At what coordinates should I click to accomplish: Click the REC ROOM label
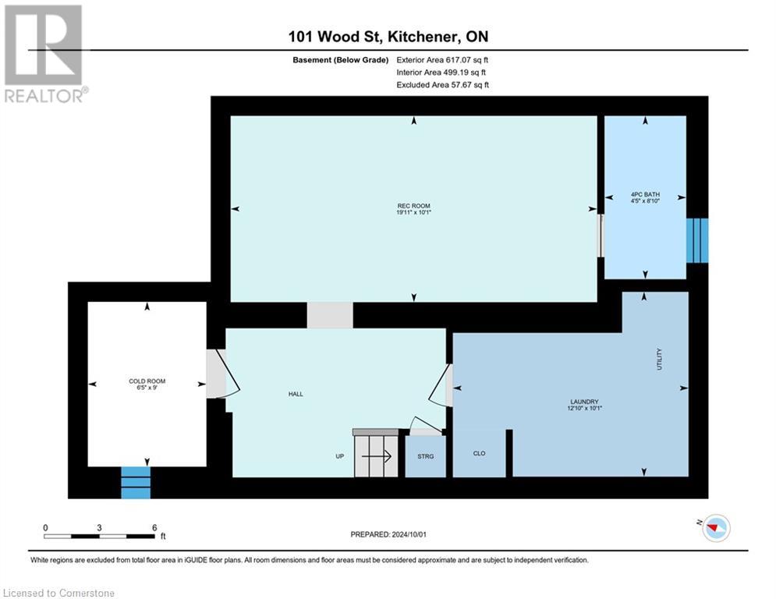[x=413, y=206]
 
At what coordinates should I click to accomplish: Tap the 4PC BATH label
[x=645, y=195]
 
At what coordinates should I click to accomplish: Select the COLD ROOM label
[x=147, y=381]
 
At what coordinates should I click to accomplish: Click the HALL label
[x=295, y=394]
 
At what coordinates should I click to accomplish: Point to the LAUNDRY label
[x=583, y=402]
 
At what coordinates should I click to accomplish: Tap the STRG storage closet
[x=425, y=456]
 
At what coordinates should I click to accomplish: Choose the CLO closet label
[x=480, y=453]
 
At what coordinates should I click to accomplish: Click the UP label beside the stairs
[x=340, y=456]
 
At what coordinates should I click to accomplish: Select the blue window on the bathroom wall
[x=697, y=240]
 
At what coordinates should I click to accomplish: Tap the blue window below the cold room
[x=135, y=482]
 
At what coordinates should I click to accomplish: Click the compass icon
[x=715, y=528]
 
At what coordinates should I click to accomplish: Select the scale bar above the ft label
[x=99, y=536]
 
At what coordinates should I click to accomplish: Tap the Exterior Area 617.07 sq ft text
[x=442, y=59]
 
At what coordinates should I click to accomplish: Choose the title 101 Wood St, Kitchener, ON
[x=388, y=37]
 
